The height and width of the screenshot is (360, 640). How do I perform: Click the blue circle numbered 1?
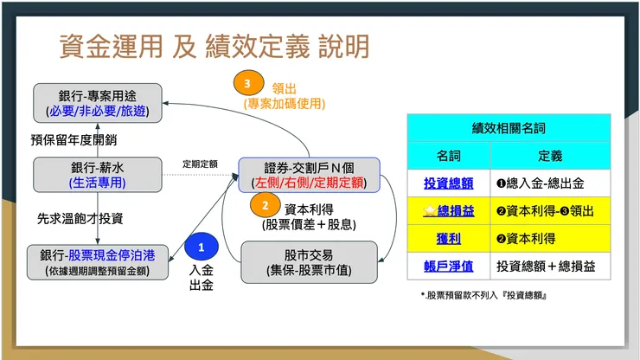click(x=201, y=247)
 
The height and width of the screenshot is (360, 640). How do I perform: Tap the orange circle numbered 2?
click(x=265, y=206)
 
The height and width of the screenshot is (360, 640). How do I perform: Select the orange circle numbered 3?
click(x=249, y=84)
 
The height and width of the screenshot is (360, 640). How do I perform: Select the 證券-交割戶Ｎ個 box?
click(x=309, y=174)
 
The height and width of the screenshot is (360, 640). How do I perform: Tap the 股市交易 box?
click(x=309, y=261)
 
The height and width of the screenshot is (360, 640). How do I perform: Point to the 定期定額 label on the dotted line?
click(x=199, y=164)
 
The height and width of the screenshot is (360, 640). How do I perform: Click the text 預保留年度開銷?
click(x=74, y=138)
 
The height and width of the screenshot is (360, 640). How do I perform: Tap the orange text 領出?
click(x=285, y=87)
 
